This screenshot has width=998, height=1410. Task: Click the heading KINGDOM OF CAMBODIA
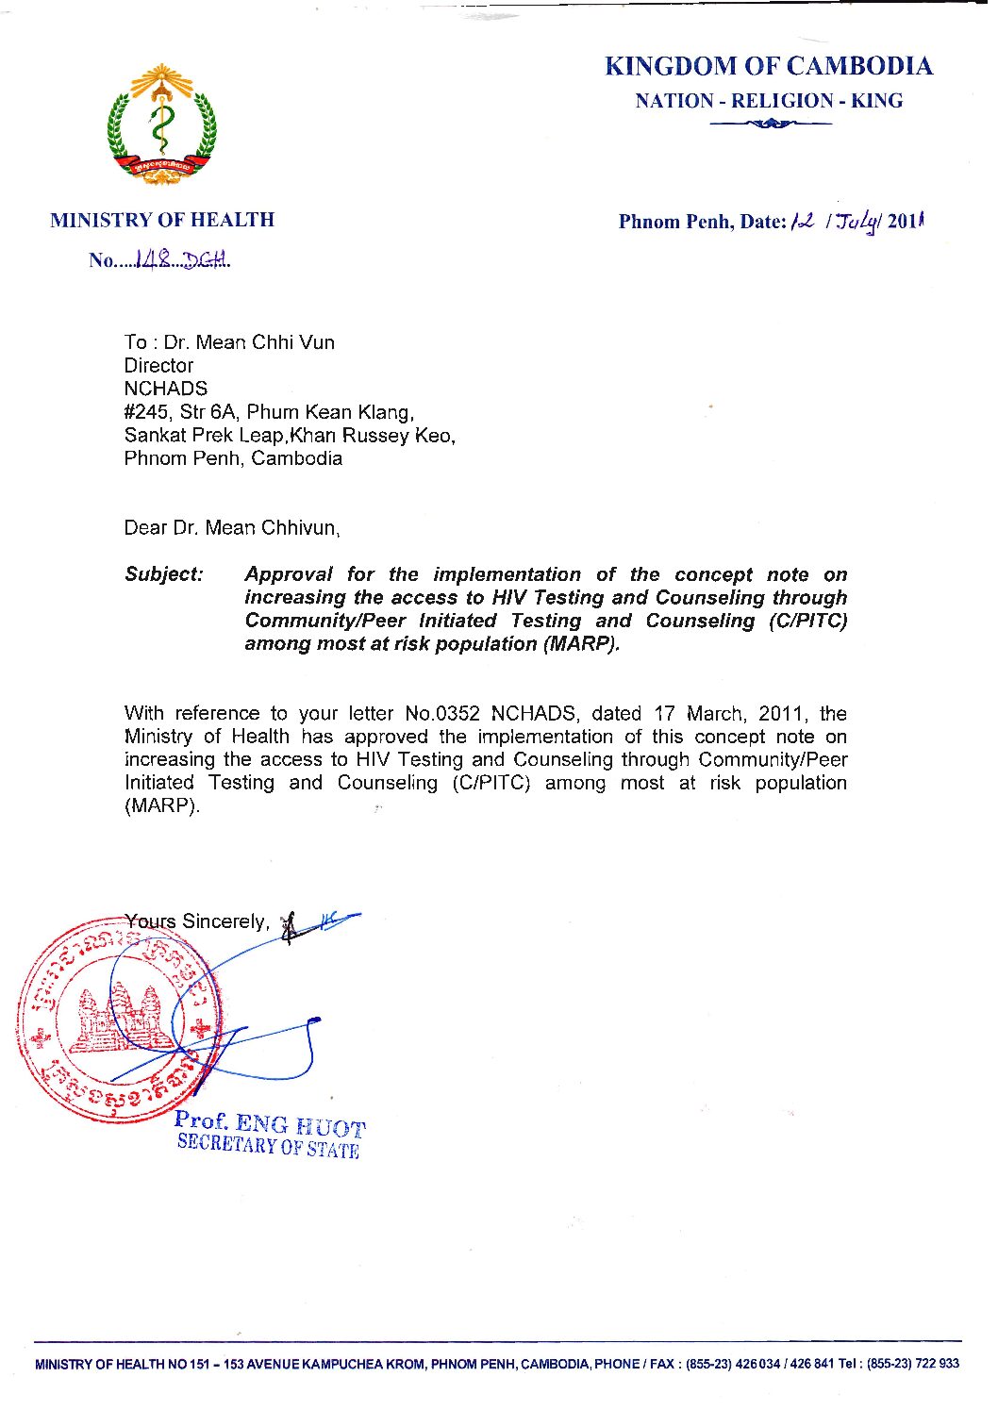pos(768,66)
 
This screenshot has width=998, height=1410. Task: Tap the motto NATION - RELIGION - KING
pos(768,101)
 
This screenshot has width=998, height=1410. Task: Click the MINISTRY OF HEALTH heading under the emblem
pos(162,220)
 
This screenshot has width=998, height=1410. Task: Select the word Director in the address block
pos(158,366)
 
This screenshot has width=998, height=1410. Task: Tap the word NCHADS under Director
pos(166,389)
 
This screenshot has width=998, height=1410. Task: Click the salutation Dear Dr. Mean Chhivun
pos(232,528)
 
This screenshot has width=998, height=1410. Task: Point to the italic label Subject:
pos(164,574)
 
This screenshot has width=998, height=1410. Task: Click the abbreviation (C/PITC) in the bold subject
pos(807,621)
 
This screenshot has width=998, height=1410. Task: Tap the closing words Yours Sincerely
pos(197,921)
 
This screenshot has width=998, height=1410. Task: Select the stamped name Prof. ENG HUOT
pos(270,1123)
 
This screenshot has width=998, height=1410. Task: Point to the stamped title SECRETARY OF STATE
pos(268,1146)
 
